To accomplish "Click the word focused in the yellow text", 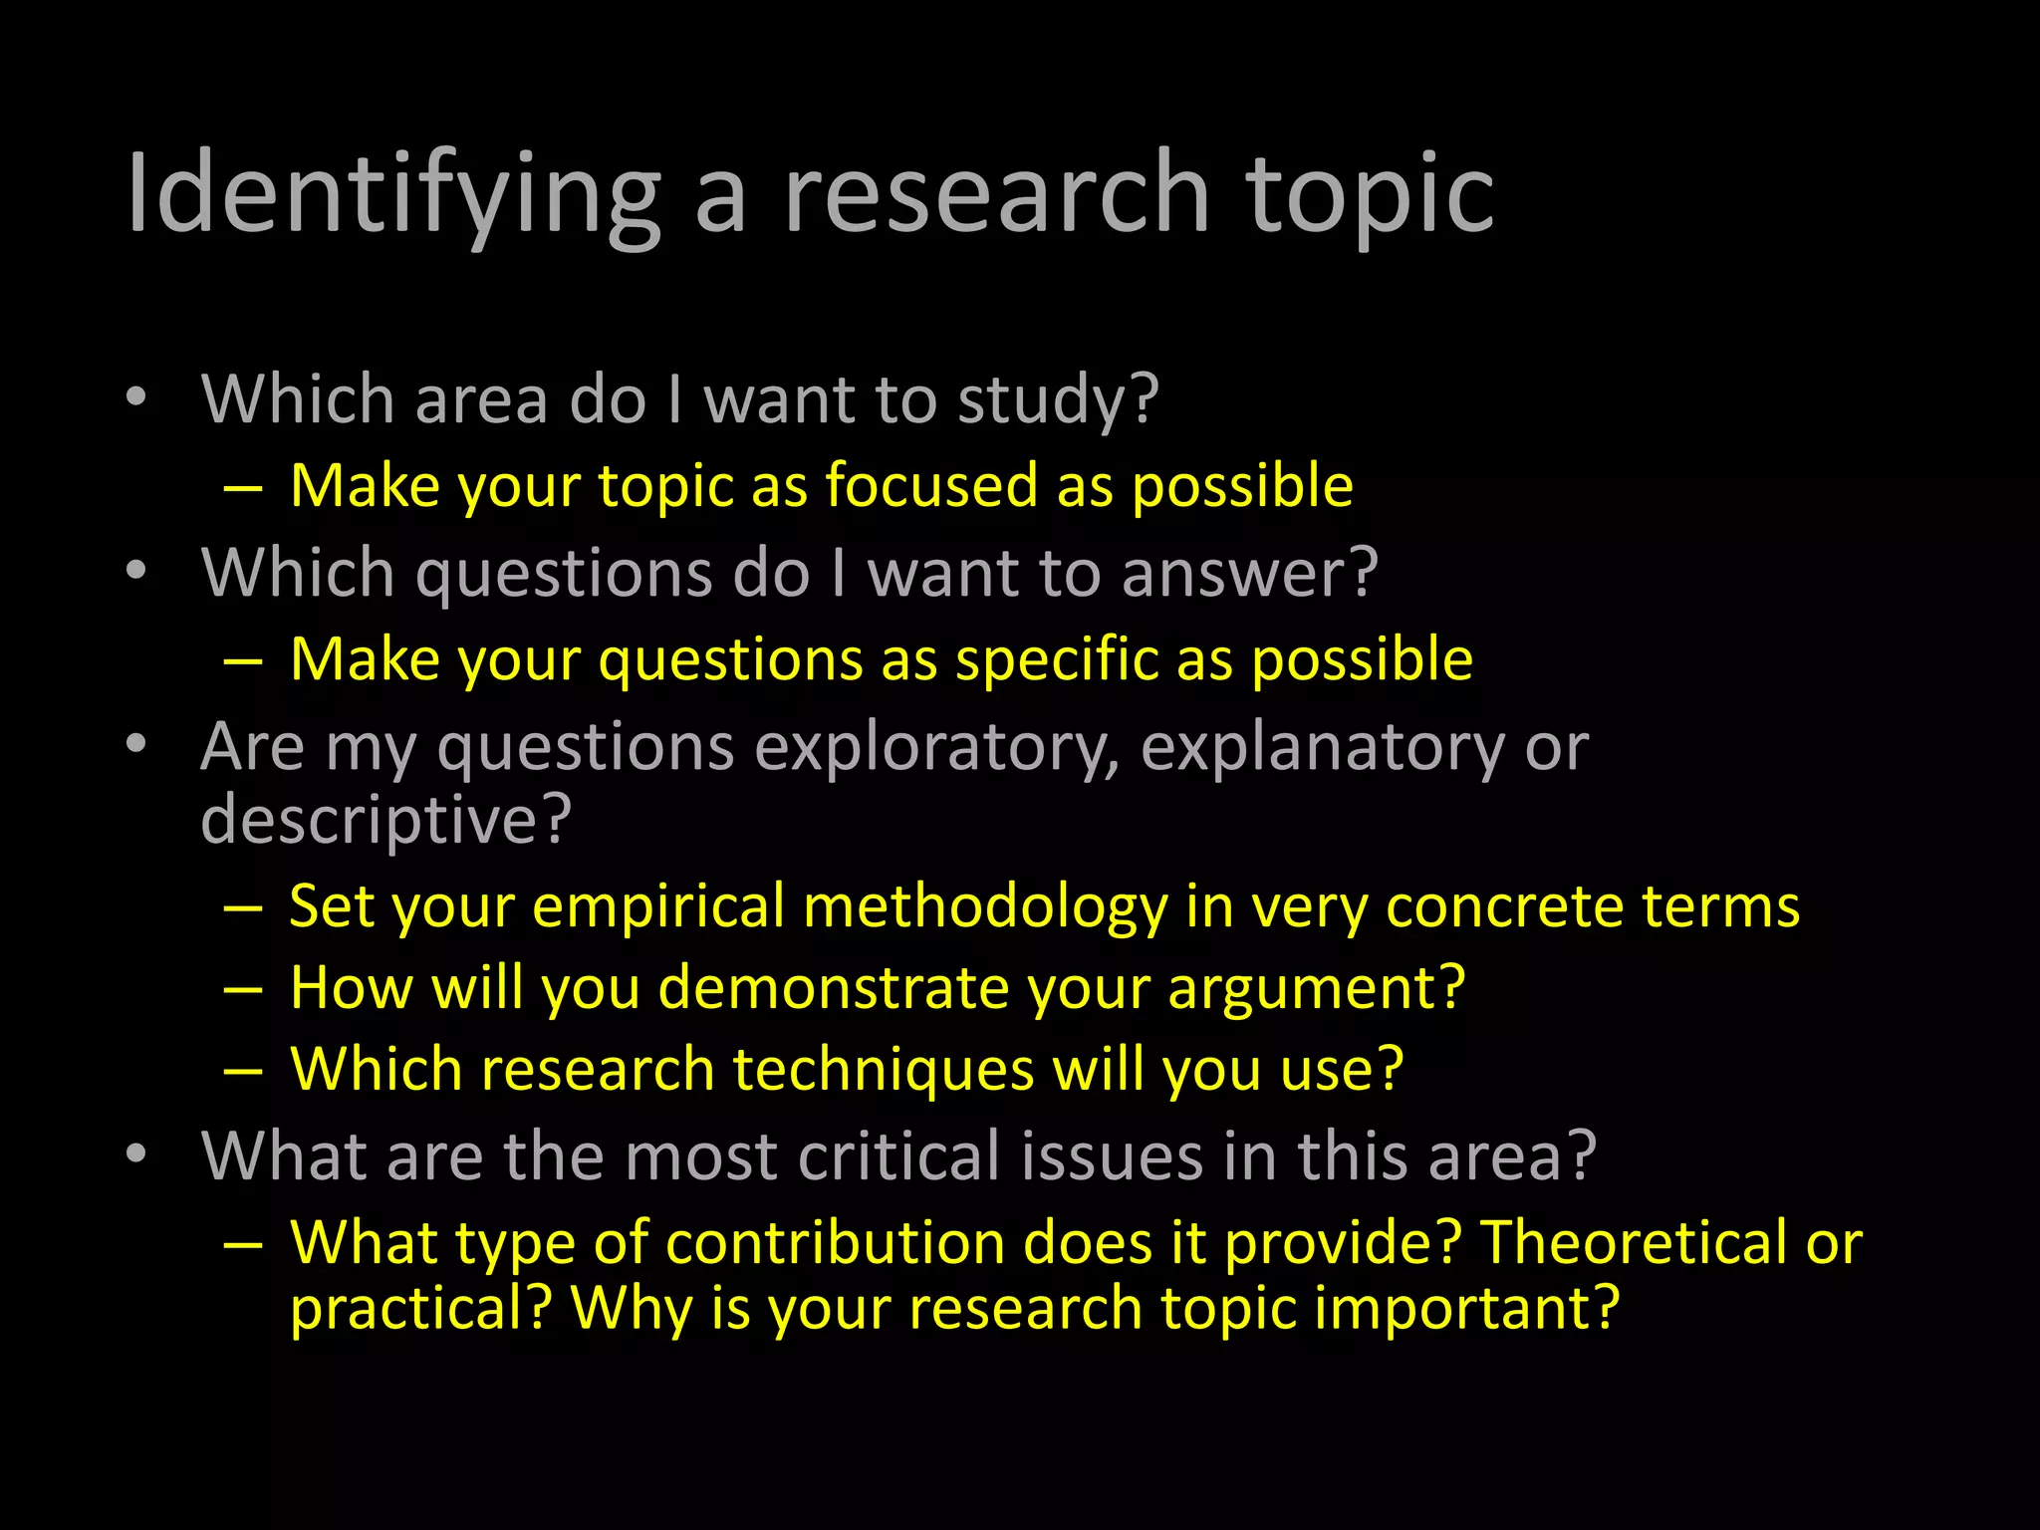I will (x=930, y=486).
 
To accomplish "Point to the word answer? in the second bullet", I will (x=1249, y=574).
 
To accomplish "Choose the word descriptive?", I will (x=386, y=820).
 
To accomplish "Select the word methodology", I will (x=985, y=907).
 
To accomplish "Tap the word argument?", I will (x=1316, y=988).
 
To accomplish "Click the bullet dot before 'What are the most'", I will (x=136, y=1153).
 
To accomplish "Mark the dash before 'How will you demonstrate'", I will (x=243, y=990).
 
